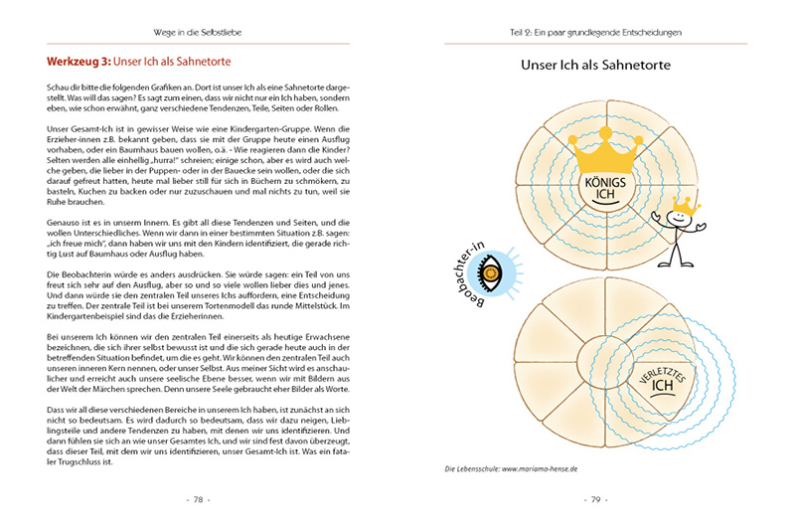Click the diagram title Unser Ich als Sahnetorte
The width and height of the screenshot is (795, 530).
pos(595,66)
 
